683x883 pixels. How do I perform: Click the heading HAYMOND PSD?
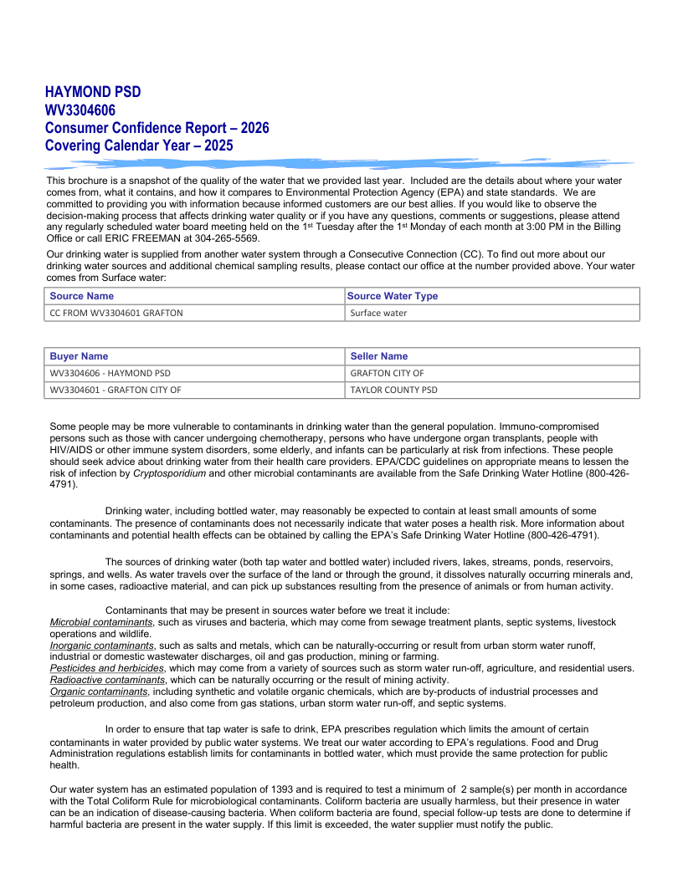click(x=93, y=92)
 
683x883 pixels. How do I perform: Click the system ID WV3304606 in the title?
click(x=80, y=110)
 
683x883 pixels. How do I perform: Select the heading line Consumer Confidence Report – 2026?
click(x=157, y=128)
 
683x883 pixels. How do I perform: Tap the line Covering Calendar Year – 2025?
click(x=139, y=145)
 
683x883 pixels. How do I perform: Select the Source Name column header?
click(x=82, y=296)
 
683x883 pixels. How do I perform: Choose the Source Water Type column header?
click(x=393, y=296)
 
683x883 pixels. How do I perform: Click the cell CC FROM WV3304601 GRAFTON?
click(x=116, y=313)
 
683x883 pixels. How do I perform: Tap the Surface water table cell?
click(x=378, y=313)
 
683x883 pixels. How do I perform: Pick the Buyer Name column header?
click(x=79, y=356)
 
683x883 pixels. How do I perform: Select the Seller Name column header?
click(x=379, y=356)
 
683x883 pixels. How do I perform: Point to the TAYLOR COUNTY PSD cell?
click(x=393, y=390)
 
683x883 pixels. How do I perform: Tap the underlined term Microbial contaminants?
click(x=101, y=622)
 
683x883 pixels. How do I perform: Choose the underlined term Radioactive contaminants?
click(x=107, y=680)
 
